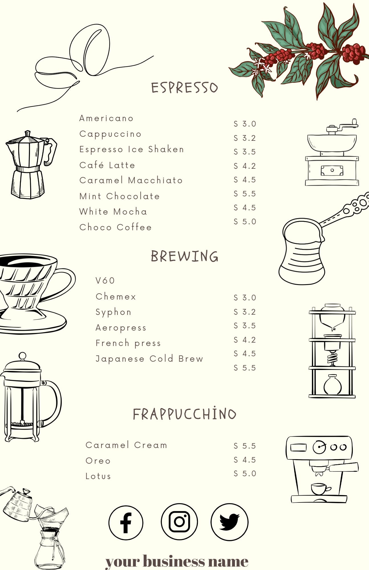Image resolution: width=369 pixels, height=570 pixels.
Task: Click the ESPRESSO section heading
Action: coord(184,88)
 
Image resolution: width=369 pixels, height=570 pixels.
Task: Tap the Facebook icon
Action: coord(126,522)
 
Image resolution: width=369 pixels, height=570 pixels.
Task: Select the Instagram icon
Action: coord(179,522)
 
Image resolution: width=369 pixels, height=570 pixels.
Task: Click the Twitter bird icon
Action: coord(229,522)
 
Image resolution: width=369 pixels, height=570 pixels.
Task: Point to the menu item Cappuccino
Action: coord(110,134)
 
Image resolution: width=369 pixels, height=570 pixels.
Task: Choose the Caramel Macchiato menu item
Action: coord(131,180)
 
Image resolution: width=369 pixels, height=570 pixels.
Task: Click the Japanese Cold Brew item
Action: coord(149,359)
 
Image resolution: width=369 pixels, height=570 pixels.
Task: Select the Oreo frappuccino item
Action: coord(98,461)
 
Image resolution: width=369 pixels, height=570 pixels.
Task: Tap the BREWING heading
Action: coord(184,256)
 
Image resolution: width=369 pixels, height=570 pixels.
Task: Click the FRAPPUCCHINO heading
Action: coord(184,414)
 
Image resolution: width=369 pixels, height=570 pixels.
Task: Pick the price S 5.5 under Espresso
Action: coord(245,194)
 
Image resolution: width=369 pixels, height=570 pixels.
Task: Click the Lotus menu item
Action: coord(98,476)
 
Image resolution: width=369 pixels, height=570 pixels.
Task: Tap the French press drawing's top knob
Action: coord(22,356)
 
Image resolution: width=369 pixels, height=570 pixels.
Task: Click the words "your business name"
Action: coord(177,561)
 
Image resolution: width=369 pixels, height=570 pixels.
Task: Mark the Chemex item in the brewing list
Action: coord(116,296)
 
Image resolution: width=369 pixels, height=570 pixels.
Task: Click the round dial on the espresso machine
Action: coord(319,447)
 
